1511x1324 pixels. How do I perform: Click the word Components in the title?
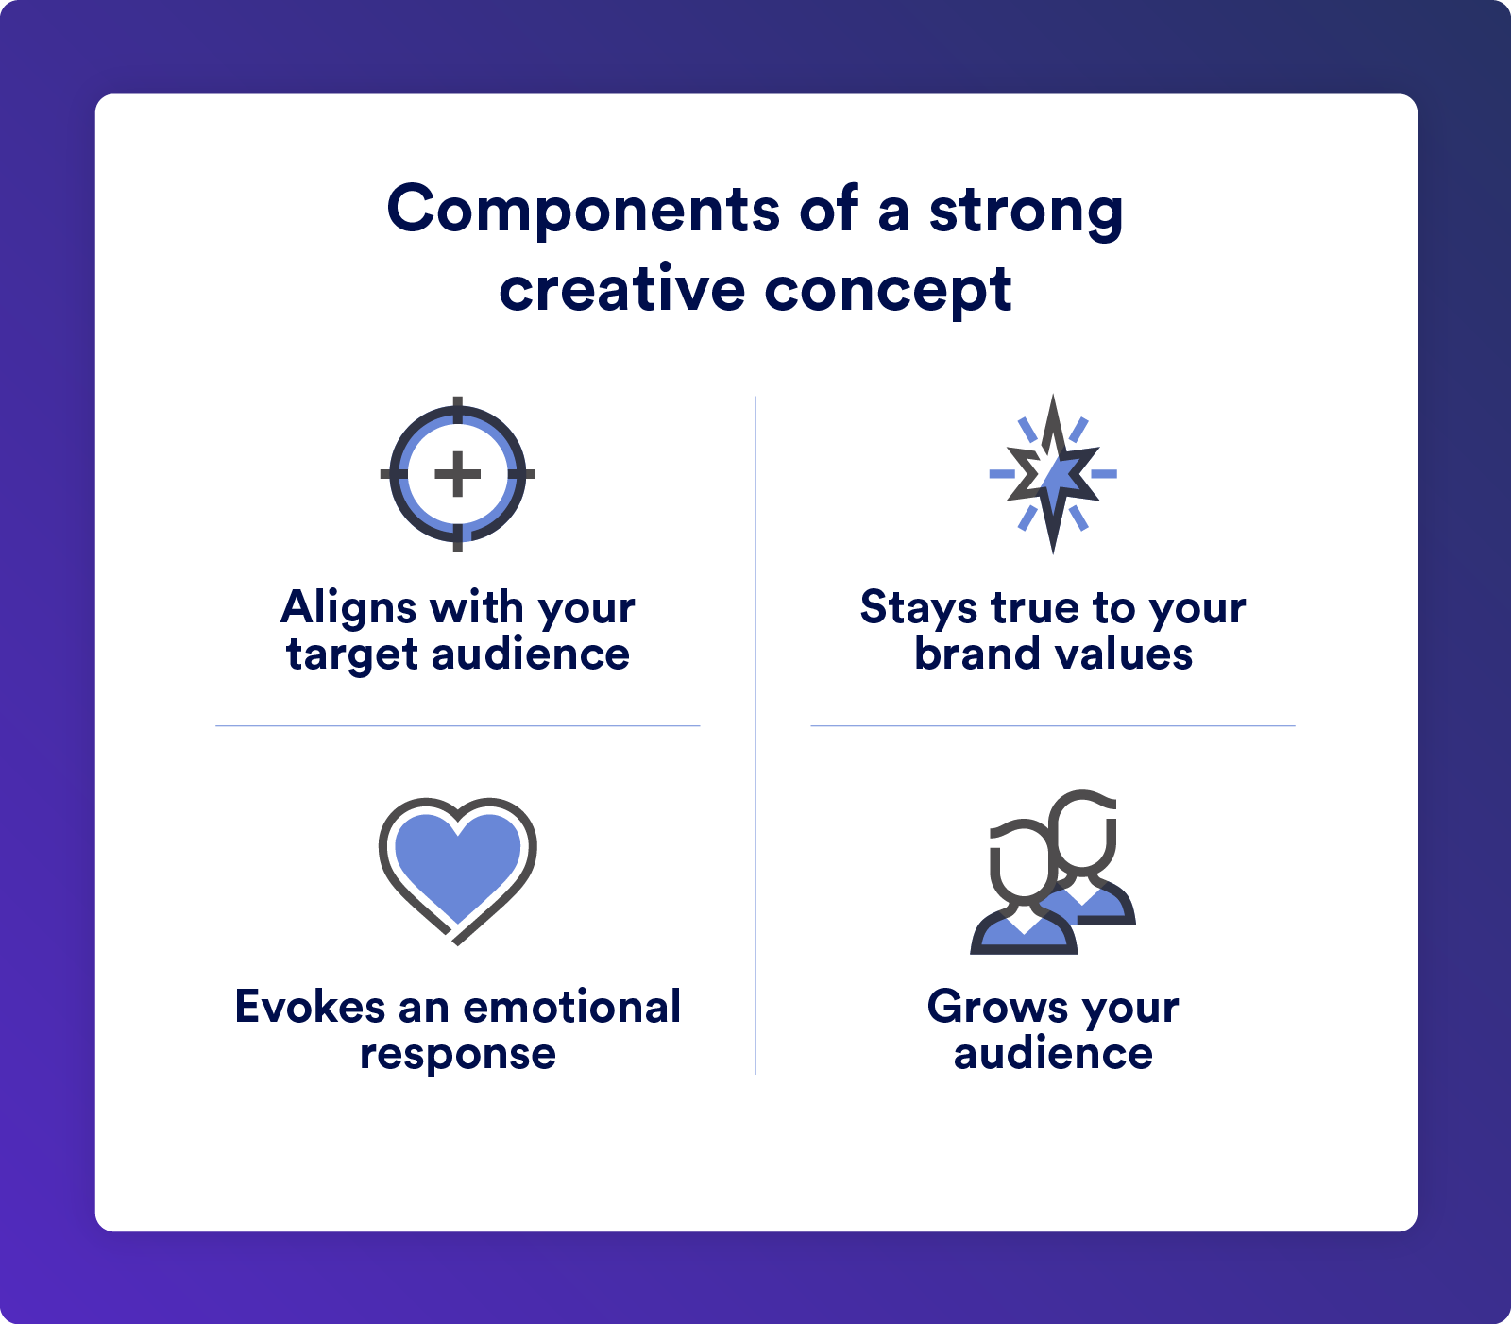(x=584, y=209)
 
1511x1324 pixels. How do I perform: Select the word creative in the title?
(x=622, y=289)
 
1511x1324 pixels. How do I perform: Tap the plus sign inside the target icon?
(x=458, y=474)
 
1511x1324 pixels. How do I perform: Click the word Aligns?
(x=348, y=608)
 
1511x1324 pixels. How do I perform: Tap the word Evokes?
(x=310, y=1007)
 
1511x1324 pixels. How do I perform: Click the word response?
(x=458, y=1055)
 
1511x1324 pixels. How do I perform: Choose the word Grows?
(x=999, y=1007)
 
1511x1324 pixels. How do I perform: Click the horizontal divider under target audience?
(x=458, y=725)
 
